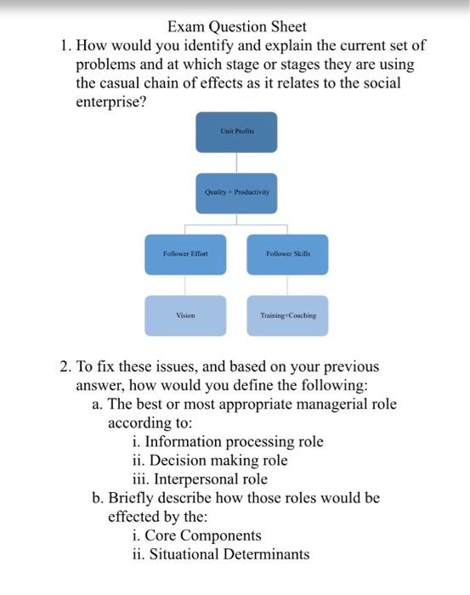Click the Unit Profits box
[x=236, y=132]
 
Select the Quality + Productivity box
[x=236, y=192]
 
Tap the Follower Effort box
[x=185, y=254]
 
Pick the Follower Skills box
[x=287, y=254]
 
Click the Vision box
[x=185, y=315]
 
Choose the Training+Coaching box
[x=287, y=315]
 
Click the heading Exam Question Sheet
[x=237, y=27]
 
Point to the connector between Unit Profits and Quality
[x=236, y=163]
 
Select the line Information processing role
[x=229, y=441]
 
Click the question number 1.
[x=64, y=46]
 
